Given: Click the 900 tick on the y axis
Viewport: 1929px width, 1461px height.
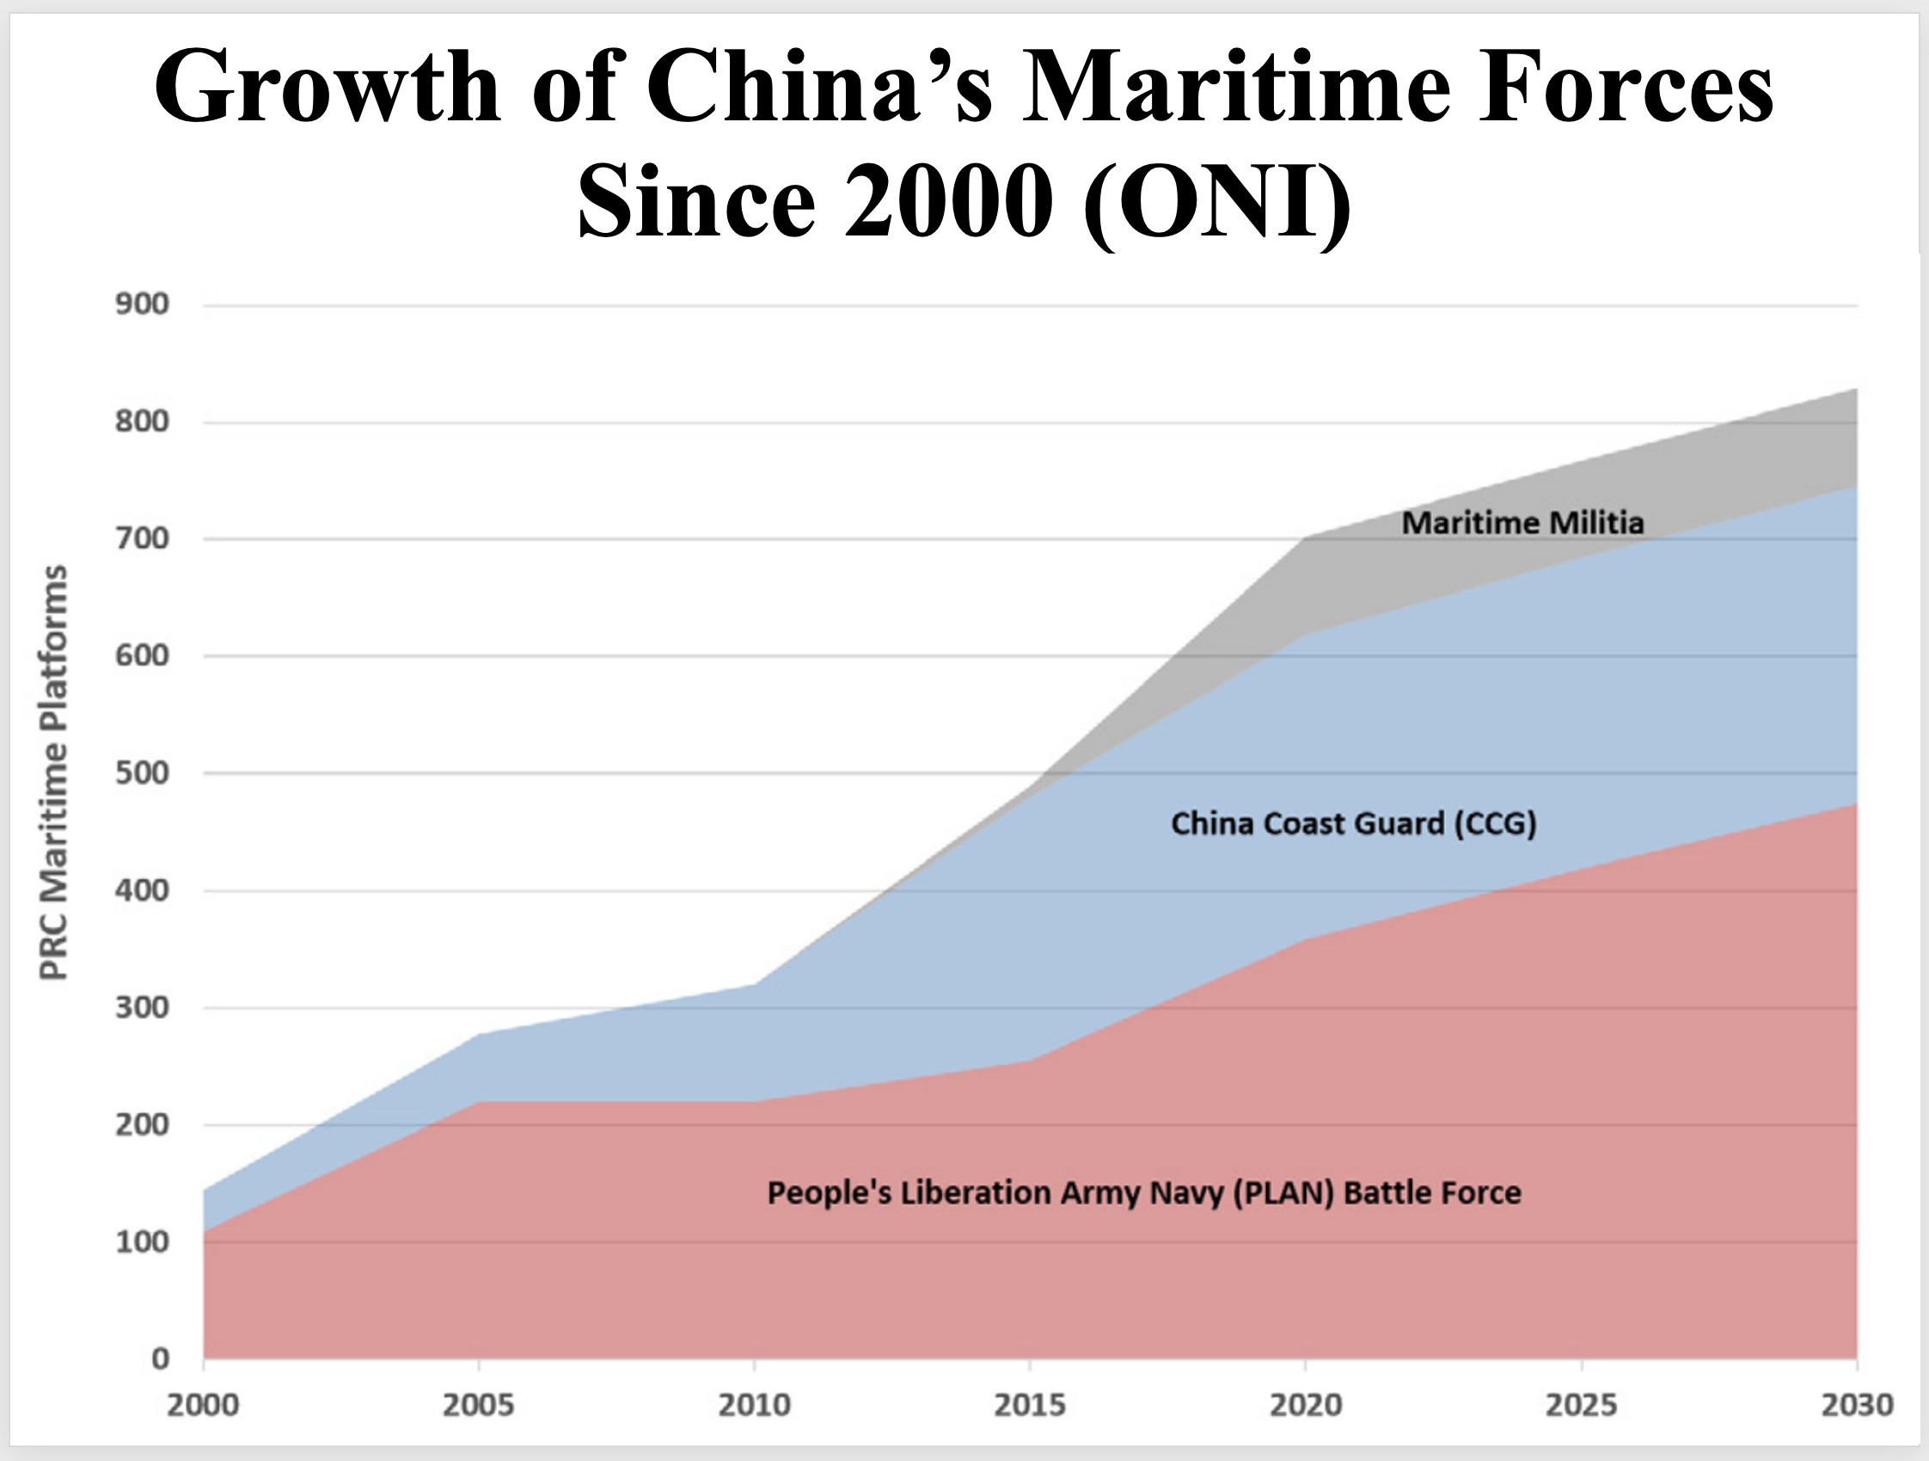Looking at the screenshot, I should point(142,304).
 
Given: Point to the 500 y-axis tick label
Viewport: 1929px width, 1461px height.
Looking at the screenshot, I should point(142,773).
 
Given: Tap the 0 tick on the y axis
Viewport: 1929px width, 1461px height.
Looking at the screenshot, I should point(160,1359).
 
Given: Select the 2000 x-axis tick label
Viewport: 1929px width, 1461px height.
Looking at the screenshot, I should point(202,1405).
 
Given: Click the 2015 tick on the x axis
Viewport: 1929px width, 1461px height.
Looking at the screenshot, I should point(1030,1405).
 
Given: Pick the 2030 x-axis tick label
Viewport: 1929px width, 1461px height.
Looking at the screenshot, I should point(1857,1405).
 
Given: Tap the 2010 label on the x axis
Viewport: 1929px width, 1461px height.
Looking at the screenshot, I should point(755,1405).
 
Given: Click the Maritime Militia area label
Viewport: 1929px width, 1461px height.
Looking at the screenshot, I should point(1522,523).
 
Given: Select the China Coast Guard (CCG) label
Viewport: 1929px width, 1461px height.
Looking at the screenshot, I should point(1353,824).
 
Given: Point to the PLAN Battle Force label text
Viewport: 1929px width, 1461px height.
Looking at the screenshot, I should point(1144,1193).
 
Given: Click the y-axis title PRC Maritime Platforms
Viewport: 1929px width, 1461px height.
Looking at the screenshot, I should point(54,773).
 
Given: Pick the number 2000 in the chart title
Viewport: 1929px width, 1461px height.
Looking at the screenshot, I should point(948,202).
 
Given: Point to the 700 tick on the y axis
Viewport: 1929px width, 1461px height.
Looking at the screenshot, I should point(142,539).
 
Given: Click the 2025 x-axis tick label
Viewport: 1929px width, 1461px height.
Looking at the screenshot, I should point(1581,1405).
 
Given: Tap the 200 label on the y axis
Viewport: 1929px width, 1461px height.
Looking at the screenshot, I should point(142,1124).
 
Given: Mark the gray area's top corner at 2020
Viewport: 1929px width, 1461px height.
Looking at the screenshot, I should point(1306,538).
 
